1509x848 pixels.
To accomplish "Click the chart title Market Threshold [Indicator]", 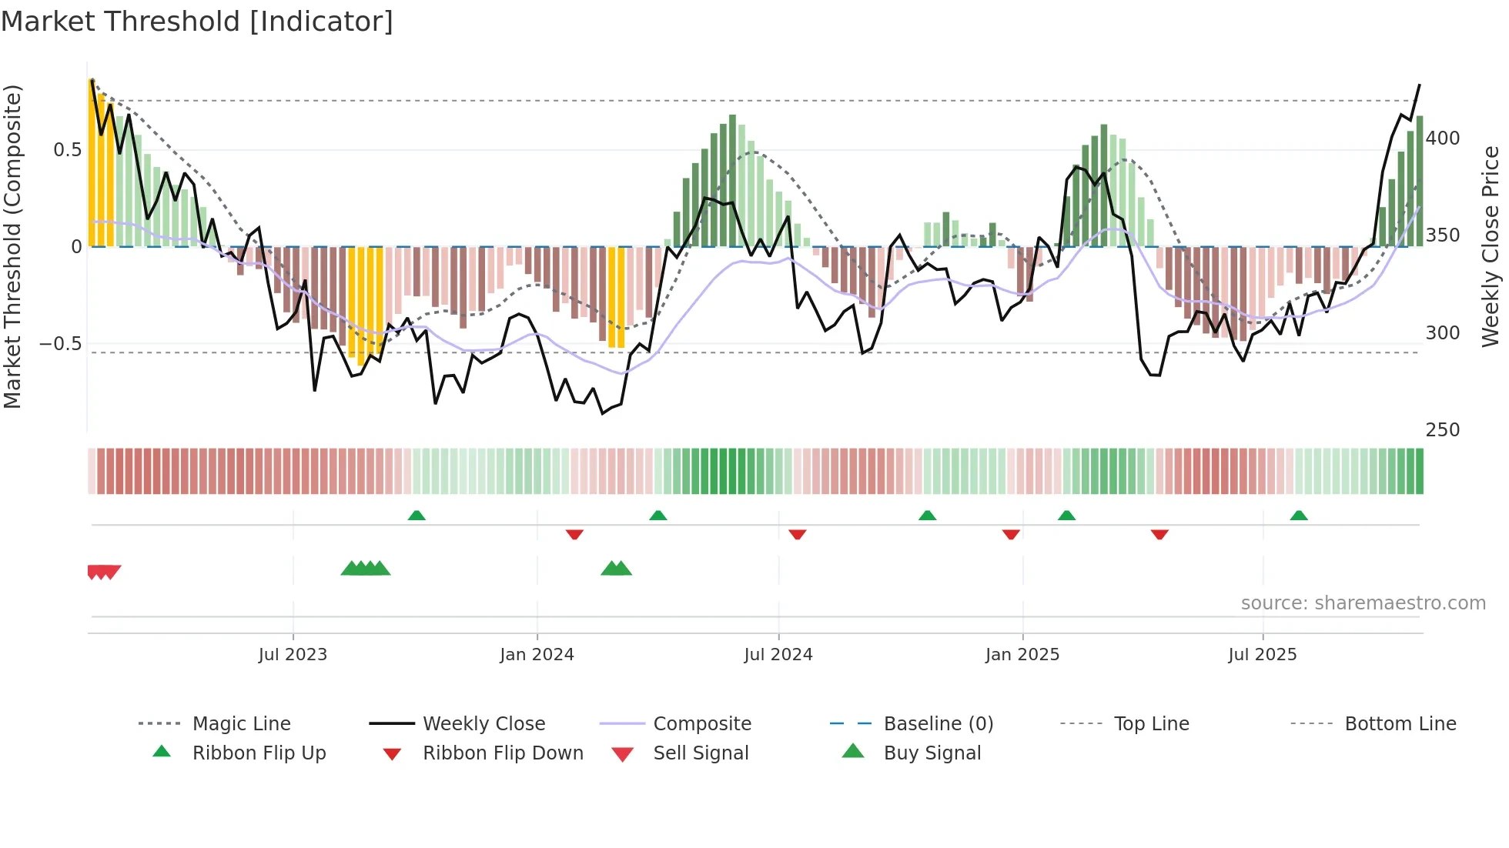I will click(x=197, y=22).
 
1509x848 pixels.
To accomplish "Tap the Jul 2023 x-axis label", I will click(x=293, y=655).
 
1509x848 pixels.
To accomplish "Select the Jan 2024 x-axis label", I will click(x=537, y=655).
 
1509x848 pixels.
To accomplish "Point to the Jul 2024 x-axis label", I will click(x=778, y=655).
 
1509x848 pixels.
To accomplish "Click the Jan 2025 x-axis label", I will click(x=1022, y=655).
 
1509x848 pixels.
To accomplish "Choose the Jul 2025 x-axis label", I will click(x=1262, y=655).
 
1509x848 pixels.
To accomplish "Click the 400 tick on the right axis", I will click(x=1442, y=139).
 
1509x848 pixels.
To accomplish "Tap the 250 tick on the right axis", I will click(x=1442, y=430).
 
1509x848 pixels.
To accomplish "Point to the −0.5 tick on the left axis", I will click(x=61, y=343).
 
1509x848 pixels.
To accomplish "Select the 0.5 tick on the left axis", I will click(x=67, y=150).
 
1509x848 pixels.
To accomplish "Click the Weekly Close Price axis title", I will click(x=1491, y=246).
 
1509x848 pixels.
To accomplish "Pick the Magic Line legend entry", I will click(x=241, y=724).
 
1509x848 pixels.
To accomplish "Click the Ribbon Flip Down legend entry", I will click(x=502, y=753).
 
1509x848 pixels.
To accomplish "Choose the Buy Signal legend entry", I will click(x=932, y=753).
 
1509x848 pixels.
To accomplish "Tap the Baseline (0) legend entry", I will click(x=938, y=724).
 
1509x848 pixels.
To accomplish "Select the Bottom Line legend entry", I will click(x=1400, y=724).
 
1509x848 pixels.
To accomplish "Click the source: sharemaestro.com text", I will click(x=1363, y=603).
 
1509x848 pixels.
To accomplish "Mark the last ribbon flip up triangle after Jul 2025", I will click(x=1299, y=516).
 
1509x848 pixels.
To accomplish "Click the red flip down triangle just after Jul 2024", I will click(x=797, y=534).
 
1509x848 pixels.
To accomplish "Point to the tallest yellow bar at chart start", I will click(x=92, y=163).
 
